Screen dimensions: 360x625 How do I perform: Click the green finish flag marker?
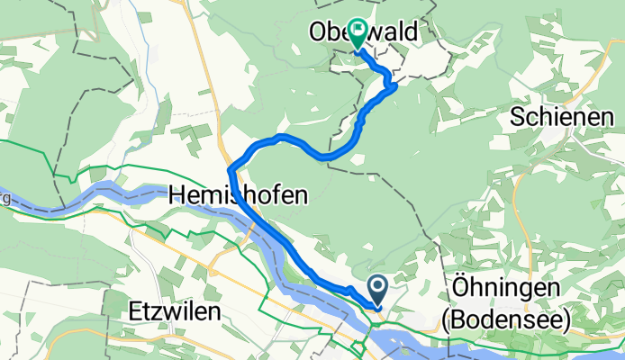coord(359,34)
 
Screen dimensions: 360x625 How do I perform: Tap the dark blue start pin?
coord(377,289)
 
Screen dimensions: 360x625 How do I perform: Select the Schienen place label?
coord(555,115)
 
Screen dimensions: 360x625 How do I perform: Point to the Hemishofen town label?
coord(237,193)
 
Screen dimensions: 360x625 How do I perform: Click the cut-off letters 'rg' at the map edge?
coord(5,198)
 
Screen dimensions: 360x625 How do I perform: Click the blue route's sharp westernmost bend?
coord(231,167)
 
